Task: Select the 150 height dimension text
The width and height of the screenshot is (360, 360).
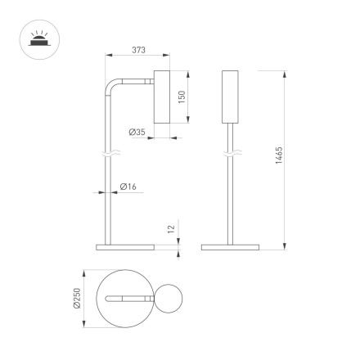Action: pyautogui.click(x=183, y=96)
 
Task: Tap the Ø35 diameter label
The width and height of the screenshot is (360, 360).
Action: pyautogui.click(x=137, y=132)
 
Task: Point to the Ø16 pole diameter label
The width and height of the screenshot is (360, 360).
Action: pyautogui.click(x=128, y=187)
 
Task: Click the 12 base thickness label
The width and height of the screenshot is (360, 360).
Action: pyautogui.click(x=171, y=231)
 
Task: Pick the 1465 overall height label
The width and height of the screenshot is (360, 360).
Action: pyautogui.click(x=278, y=156)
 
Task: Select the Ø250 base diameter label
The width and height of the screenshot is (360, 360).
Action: pyautogui.click(x=77, y=299)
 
